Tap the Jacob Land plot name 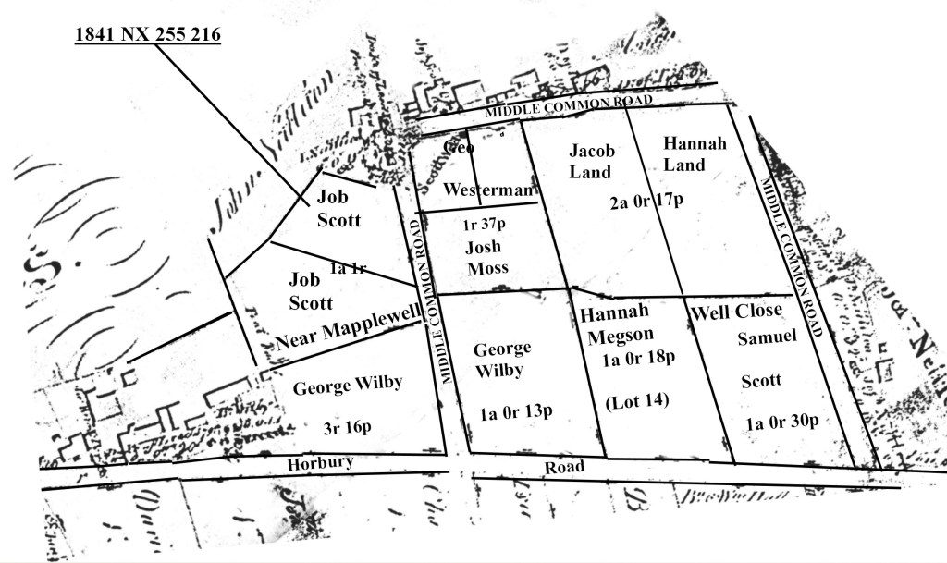point(590,160)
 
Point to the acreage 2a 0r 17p point(646,202)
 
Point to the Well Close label point(736,311)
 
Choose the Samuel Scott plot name point(766,359)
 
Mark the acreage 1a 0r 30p point(781,422)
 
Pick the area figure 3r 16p point(347,428)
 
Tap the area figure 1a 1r point(349,268)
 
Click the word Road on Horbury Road point(564,467)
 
